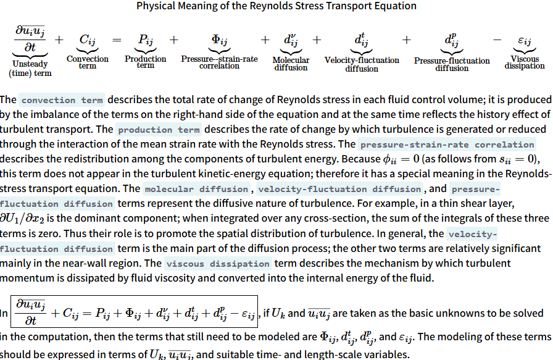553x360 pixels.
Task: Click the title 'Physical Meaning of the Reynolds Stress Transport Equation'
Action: point(276,6)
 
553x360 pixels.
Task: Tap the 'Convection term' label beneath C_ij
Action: point(87,62)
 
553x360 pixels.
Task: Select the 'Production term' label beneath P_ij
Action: point(146,62)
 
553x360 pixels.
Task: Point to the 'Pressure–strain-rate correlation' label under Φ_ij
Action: point(219,62)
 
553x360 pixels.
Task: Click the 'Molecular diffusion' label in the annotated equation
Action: point(290,64)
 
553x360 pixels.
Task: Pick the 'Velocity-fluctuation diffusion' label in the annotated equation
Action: point(362,64)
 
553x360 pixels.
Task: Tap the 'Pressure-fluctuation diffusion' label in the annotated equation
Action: point(452,64)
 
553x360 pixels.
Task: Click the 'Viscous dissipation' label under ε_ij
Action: point(525,62)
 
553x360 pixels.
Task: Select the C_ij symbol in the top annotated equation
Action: point(88,40)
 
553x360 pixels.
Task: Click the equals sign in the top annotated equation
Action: point(117,40)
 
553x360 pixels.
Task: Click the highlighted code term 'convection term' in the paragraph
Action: point(61,100)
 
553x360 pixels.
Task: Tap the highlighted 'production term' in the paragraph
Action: point(159,130)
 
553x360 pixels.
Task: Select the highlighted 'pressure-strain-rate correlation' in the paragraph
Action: point(447,145)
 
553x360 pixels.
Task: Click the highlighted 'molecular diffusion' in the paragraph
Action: point(196,189)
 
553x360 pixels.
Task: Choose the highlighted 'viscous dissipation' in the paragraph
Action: point(218,264)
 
